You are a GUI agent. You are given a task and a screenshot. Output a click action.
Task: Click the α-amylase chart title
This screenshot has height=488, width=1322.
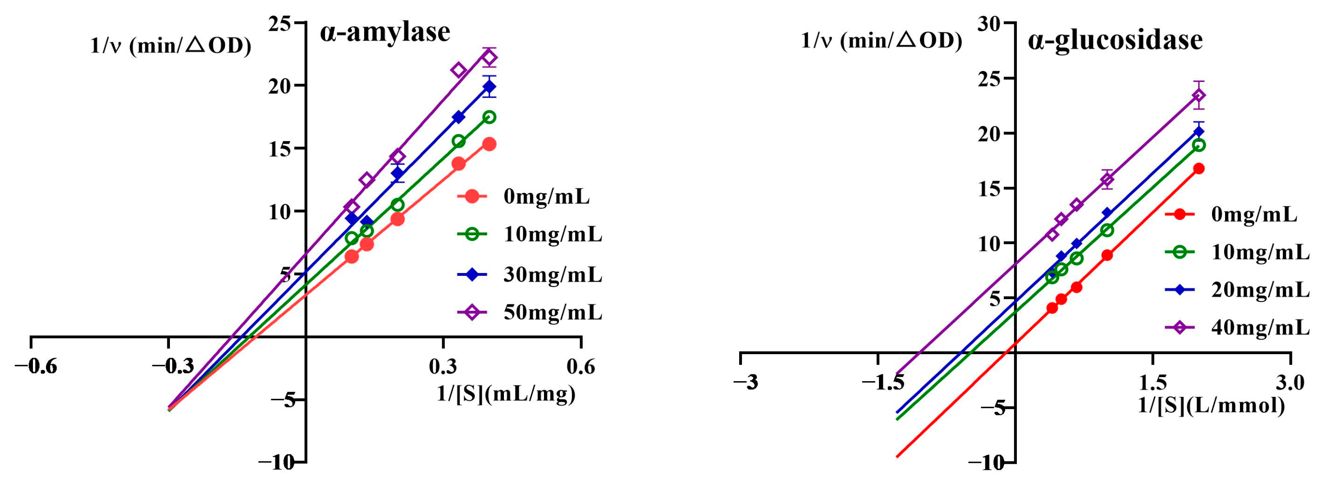click(x=385, y=32)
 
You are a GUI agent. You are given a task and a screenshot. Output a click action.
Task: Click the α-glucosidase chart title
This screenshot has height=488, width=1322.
click(x=1115, y=40)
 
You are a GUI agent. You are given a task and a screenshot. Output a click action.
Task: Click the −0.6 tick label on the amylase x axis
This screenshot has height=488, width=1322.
click(x=36, y=366)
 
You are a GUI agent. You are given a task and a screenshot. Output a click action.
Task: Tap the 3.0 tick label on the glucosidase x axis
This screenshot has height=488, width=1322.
click(x=1290, y=382)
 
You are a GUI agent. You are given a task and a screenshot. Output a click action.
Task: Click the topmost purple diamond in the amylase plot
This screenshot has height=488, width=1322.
click(x=489, y=58)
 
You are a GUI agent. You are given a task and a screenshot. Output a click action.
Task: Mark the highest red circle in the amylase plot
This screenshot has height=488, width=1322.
click(x=489, y=144)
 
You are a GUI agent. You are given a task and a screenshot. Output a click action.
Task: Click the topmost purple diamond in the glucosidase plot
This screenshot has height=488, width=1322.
click(x=1199, y=96)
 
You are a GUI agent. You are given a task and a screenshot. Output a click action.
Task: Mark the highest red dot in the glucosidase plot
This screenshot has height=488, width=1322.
click(x=1199, y=169)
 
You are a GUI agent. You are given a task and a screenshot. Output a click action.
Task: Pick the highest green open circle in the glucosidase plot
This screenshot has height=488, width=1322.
click(x=1199, y=145)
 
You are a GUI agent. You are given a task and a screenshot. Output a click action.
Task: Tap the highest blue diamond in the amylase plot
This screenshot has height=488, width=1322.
click(x=489, y=86)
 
